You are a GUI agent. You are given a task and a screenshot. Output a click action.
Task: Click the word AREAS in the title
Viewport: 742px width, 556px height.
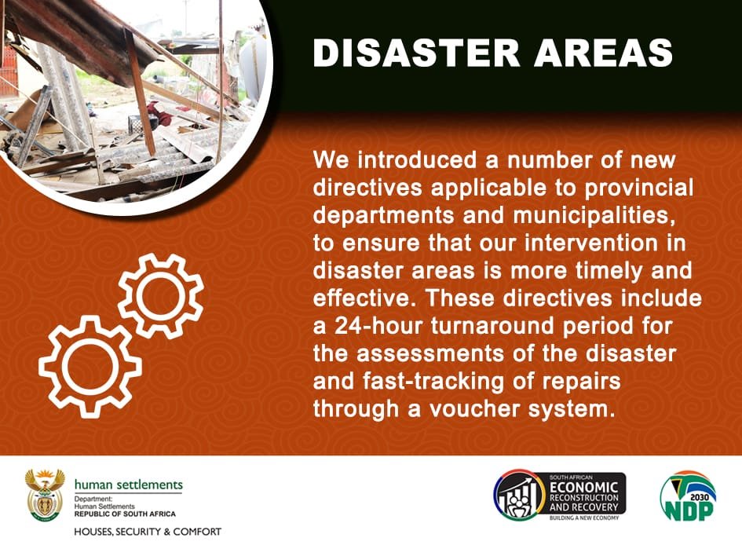pos(605,53)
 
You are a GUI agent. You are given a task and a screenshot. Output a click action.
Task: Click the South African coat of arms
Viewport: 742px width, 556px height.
pos(45,496)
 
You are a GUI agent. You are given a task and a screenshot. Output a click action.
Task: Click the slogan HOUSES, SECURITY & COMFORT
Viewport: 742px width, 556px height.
pos(148,532)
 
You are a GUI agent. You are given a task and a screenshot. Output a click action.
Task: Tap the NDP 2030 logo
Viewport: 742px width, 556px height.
pos(688,497)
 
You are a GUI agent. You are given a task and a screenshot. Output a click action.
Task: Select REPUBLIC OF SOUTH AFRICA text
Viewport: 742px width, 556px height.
pos(125,514)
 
